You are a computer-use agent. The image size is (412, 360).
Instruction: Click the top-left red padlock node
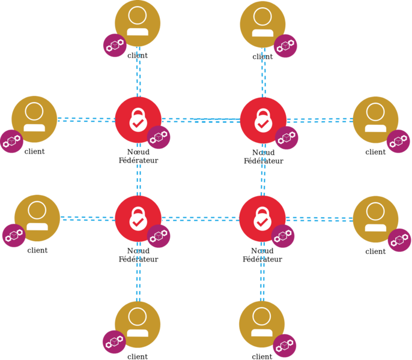pyautogui.click(x=138, y=119)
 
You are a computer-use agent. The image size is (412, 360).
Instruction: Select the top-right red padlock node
pyautogui.click(x=262, y=120)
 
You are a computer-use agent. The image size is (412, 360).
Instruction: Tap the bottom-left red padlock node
pyautogui.click(x=138, y=218)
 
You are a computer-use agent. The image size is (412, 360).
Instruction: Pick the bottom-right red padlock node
pyautogui.click(x=262, y=218)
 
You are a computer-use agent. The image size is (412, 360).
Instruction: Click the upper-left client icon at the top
pyautogui.click(x=138, y=23)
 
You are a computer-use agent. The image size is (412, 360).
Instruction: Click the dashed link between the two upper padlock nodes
pyautogui.click(x=200, y=120)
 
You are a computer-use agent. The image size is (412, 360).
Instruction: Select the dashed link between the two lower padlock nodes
pyautogui.click(x=200, y=218)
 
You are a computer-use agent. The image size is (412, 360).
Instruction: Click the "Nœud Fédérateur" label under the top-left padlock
pyautogui.click(x=138, y=157)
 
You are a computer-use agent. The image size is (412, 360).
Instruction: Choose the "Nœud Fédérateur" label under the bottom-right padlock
pyautogui.click(x=262, y=255)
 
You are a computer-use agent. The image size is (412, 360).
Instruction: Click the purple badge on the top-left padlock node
pyautogui.click(x=159, y=137)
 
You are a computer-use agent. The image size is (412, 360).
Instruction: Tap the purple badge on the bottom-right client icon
pyautogui.click(x=285, y=346)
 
